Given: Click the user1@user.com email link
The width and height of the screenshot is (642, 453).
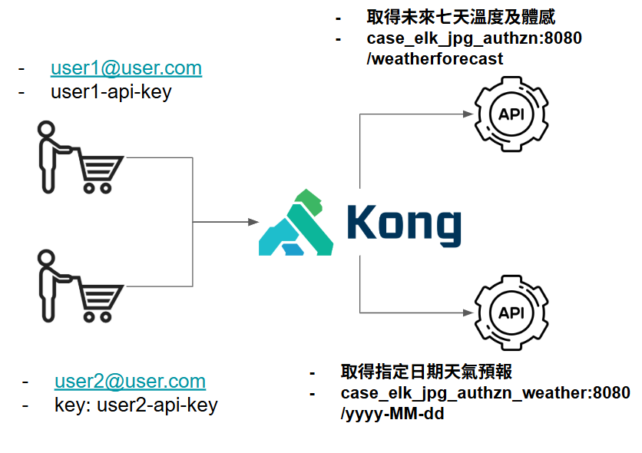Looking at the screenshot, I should click(126, 68).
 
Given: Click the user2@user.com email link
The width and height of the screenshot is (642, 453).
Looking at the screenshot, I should click(130, 381).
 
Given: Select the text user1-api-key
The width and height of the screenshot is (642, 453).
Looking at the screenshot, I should click(111, 93).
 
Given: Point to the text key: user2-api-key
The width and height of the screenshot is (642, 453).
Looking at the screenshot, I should click(136, 405).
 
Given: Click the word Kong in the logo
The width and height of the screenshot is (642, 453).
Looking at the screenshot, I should click(404, 224).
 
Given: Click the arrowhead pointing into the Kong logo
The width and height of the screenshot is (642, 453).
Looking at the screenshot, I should click(253, 223).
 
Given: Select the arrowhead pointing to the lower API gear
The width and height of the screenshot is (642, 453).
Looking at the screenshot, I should click(465, 312).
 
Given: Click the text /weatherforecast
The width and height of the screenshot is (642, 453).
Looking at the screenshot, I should click(435, 58).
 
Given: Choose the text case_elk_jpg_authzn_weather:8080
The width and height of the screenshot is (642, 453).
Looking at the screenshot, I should click(485, 394).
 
